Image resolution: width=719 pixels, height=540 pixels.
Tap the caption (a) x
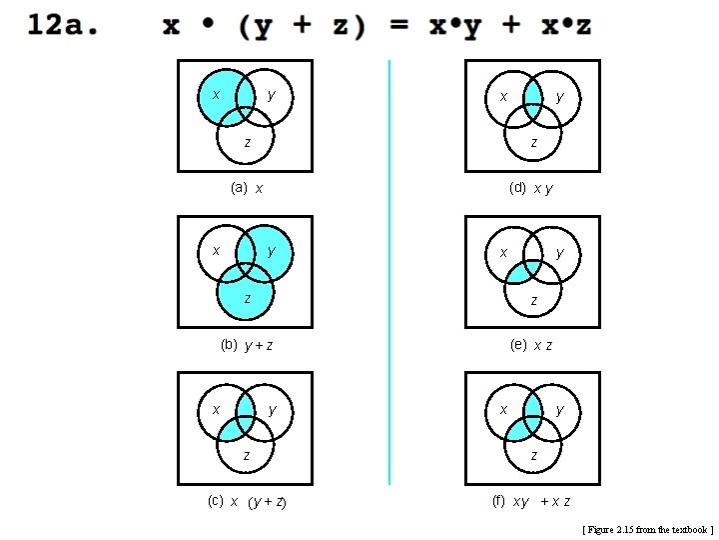coord(247,187)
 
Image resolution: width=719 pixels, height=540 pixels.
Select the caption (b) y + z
coord(247,345)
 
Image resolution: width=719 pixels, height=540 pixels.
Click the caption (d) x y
coord(530,187)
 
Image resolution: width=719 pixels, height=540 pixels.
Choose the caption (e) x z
coord(530,345)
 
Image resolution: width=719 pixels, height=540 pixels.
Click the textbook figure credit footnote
coord(647,528)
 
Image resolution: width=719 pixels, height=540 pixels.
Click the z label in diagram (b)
coord(247,299)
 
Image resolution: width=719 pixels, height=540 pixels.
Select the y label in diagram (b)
coord(272,251)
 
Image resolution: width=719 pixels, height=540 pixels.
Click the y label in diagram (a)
coord(272,96)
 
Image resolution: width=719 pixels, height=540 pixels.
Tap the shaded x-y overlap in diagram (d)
coord(533,95)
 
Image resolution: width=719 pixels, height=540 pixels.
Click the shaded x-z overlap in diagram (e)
coord(521,273)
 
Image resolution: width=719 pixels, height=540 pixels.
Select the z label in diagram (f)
coord(534,456)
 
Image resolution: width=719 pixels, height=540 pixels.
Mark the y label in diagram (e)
coord(559,252)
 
